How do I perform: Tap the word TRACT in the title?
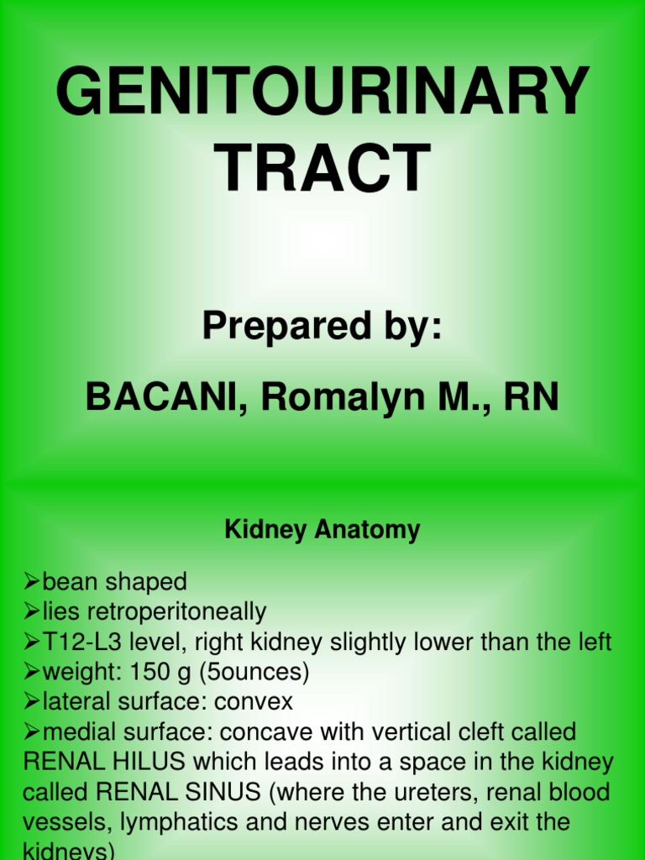pyautogui.click(x=322, y=168)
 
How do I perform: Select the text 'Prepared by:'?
pyautogui.click(x=322, y=326)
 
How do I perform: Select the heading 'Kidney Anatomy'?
pyautogui.click(x=322, y=530)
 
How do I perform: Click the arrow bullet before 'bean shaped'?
pyautogui.click(x=32, y=581)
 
